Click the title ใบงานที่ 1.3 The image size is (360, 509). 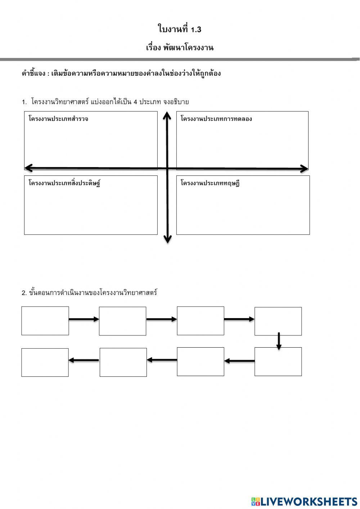(179, 29)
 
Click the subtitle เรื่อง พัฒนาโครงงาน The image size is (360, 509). (180, 48)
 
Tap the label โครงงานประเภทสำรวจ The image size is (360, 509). (58, 119)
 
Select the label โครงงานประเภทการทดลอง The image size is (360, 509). (216, 119)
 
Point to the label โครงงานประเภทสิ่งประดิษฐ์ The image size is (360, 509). (64, 183)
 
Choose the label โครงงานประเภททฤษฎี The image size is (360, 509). (210, 183)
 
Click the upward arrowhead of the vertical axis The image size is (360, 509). (167, 115)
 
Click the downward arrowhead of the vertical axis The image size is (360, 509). (167, 239)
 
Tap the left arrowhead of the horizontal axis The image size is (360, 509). (28, 168)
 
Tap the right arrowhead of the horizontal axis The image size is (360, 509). (304, 168)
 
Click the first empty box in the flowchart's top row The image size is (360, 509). (45, 321)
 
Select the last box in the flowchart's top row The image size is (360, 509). (278, 321)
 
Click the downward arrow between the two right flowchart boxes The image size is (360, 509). (279, 341)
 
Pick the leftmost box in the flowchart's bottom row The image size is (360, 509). (45, 362)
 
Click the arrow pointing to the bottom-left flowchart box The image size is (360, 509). (84, 360)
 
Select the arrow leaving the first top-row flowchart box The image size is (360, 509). (84, 319)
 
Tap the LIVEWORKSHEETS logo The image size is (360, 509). (304, 501)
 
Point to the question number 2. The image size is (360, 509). (24, 293)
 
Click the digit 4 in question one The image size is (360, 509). (135, 102)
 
